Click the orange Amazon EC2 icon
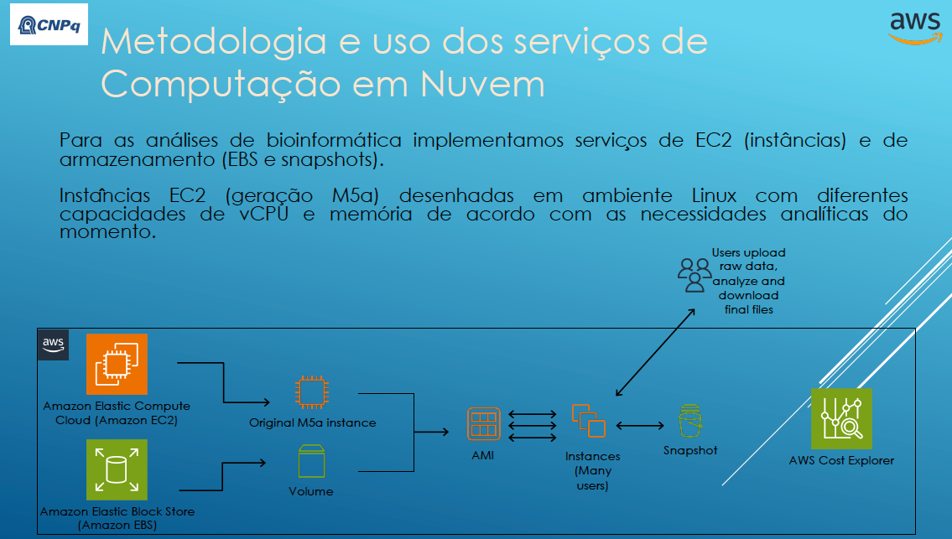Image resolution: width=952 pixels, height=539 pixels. click(117, 365)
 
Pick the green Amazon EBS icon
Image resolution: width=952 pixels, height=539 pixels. click(117, 469)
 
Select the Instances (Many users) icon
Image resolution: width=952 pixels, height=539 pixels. click(589, 421)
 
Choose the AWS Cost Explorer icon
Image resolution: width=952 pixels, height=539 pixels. click(841, 418)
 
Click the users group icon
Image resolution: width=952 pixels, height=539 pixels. click(694, 274)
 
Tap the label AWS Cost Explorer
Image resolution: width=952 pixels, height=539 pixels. click(841, 460)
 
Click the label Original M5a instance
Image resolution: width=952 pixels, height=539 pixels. click(312, 422)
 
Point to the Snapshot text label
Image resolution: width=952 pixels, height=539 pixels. click(690, 450)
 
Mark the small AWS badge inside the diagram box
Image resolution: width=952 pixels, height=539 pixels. click(54, 345)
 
